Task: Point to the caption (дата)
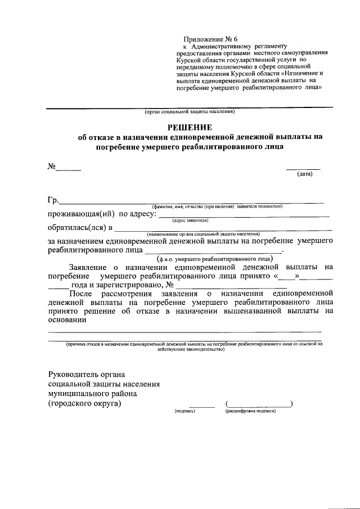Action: coord(304,174)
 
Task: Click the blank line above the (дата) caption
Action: coord(303,168)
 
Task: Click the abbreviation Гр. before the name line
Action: coord(53,201)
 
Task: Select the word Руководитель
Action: coord(74,375)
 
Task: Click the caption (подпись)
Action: coord(185,411)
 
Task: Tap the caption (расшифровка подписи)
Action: coord(250,411)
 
